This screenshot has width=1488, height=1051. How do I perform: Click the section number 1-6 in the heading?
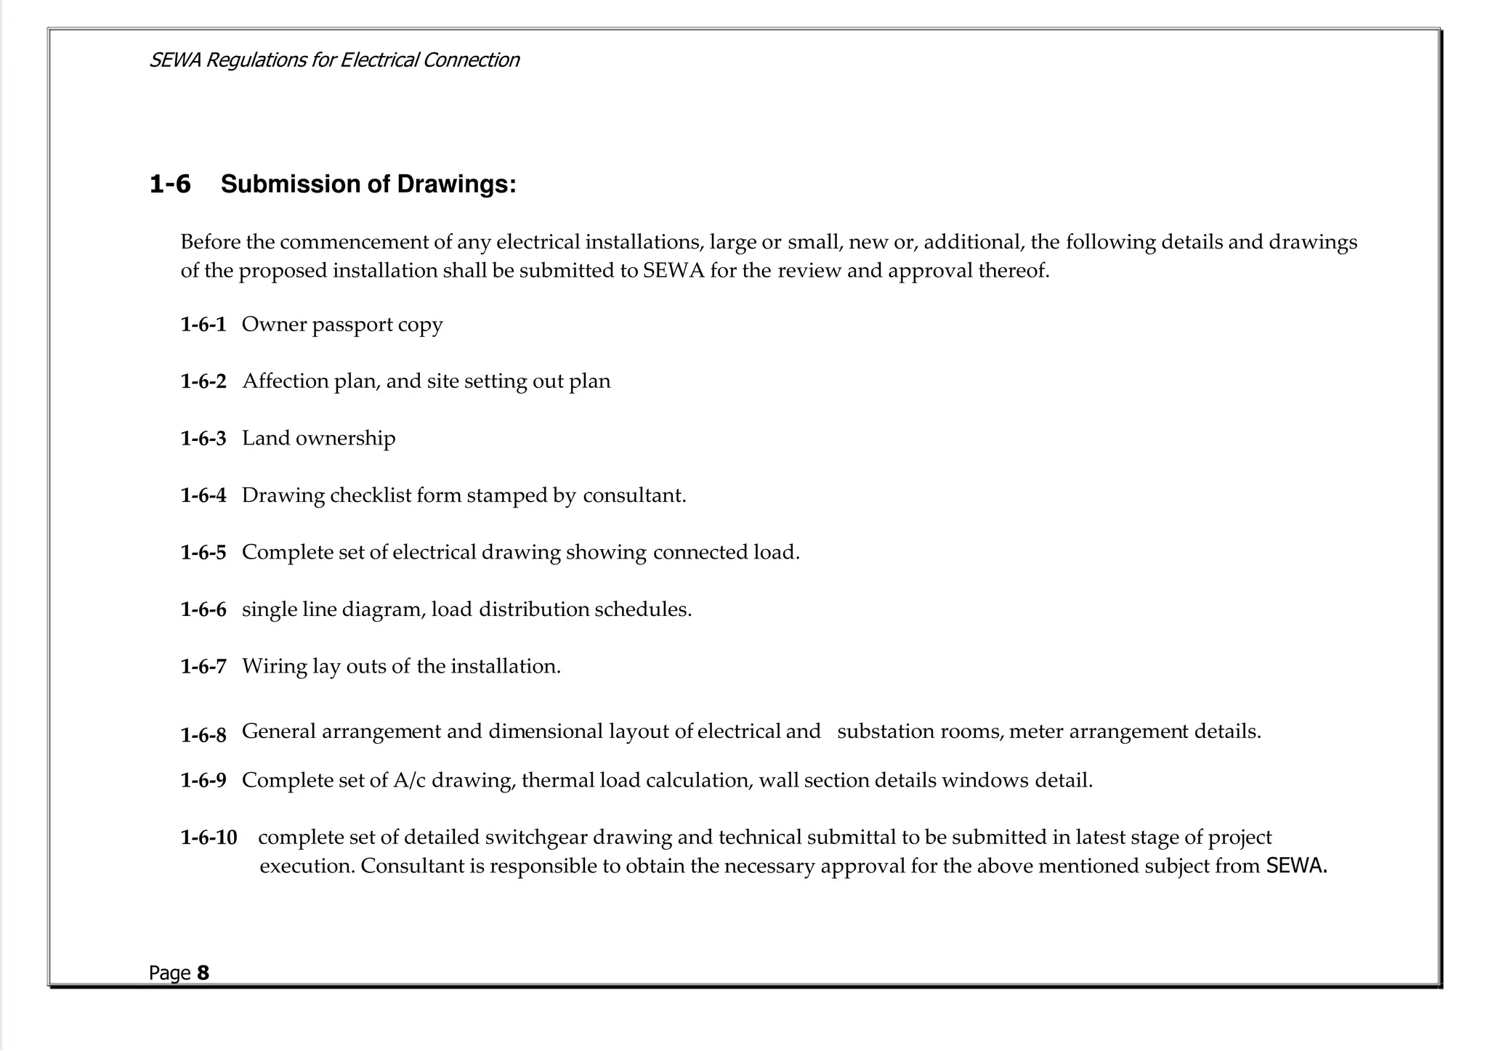tap(170, 184)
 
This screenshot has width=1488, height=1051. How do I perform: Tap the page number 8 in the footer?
tap(203, 973)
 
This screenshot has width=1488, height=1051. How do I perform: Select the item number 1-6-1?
tap(203, 325)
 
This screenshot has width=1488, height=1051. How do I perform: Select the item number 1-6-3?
tap(203, 439)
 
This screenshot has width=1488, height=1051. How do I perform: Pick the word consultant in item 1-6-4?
tap(634, 495)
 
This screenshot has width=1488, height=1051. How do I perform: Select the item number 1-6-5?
tap(203, 553)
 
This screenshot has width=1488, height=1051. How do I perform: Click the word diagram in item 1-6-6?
tap(382, 609)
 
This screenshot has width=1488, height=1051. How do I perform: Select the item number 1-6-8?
tap(203, 735)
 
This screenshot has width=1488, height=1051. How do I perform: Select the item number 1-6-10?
tap(209, 838)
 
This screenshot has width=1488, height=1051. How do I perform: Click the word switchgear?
tap(535, 837)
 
